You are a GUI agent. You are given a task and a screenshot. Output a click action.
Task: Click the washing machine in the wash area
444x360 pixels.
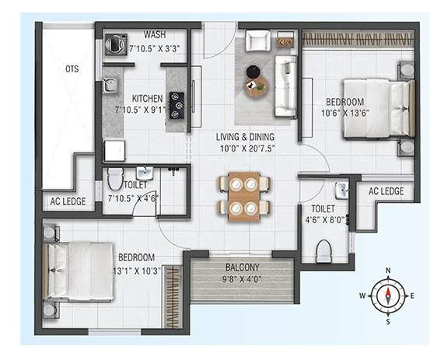[x=116, y=44]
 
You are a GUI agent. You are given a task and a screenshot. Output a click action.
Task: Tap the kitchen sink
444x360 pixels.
[x=110, y=85]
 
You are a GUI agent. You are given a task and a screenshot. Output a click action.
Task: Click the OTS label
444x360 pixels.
[x=72, y=69]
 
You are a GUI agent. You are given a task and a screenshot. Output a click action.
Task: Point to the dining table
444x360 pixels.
[x=244, y=196]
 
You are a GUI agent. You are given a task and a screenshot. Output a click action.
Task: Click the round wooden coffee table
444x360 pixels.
[x=257, y=86]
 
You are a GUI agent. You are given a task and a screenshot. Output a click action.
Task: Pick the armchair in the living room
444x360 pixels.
[x=257, y=40]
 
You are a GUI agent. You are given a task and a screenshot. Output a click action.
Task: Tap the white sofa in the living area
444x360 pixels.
[x=285, y=86]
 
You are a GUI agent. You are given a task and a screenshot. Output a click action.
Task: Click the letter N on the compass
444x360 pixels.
[x=388, y=271]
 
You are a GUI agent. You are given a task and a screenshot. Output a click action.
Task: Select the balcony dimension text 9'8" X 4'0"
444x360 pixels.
[x=242, y=280]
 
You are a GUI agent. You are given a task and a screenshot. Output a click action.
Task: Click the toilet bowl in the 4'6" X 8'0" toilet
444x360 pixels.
[x=323, y=251]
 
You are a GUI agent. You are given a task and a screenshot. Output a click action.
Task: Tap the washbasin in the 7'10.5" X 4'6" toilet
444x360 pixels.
[x=145, y=173]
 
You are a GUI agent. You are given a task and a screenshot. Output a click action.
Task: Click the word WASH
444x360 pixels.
[x=155, y=34]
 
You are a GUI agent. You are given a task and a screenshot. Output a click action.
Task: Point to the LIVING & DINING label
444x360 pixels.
[x=245, y=137]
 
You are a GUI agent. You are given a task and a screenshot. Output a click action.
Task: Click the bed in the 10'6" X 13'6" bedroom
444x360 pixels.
[x=379, y=109]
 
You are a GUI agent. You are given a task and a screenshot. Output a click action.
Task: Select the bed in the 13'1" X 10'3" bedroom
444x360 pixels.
[x=79, y=271]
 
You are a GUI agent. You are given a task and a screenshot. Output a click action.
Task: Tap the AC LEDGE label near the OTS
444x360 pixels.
[x=68, y=201]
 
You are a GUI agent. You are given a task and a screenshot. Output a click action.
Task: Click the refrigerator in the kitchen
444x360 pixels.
[x=114, y=150]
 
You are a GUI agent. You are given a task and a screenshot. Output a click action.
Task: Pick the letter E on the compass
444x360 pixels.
[x=412, y=296]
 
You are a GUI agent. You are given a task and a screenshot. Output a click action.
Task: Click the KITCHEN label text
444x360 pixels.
[x=147, y=99]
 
